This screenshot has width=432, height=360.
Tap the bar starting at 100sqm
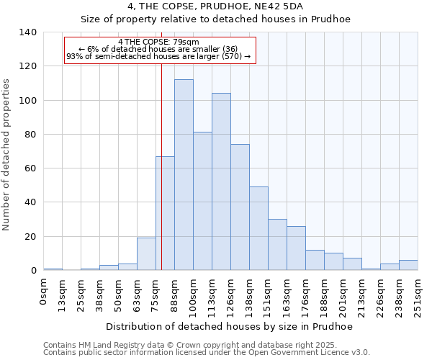tap(202, 201)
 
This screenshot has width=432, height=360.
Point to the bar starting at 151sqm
tap(277, 245)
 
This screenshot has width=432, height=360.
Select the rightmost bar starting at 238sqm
tap(408, 265)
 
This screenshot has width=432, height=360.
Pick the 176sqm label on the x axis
tap(305, 295)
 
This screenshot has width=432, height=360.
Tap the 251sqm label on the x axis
tap(418, 295)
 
